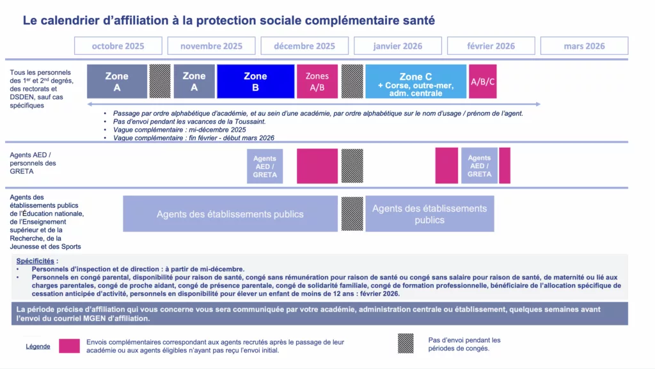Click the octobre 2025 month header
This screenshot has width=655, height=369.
coord(118,46)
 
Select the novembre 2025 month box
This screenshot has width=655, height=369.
coord(211,46)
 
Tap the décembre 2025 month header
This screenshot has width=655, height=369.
coord(304,46)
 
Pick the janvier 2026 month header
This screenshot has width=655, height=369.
coord(398,46)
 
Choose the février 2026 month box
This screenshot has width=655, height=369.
coord(491,46)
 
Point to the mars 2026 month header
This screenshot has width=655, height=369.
coord(584,46)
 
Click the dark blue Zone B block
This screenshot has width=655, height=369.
coord(256,81)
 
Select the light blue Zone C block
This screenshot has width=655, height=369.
coord(416,81)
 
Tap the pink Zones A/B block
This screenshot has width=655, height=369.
coord(317,81)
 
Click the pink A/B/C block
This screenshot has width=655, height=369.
coord(482,81)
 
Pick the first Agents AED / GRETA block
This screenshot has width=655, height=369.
coord(265,166)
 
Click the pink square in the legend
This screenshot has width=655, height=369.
coord(69,346)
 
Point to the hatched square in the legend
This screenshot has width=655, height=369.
coord(406,343)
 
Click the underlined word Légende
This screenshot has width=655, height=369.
coord(38,347)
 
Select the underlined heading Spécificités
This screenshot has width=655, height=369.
coord(35,261)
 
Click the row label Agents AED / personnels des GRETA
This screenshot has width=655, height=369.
coord(33,163)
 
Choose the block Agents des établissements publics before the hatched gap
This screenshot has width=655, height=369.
coord(230,214)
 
